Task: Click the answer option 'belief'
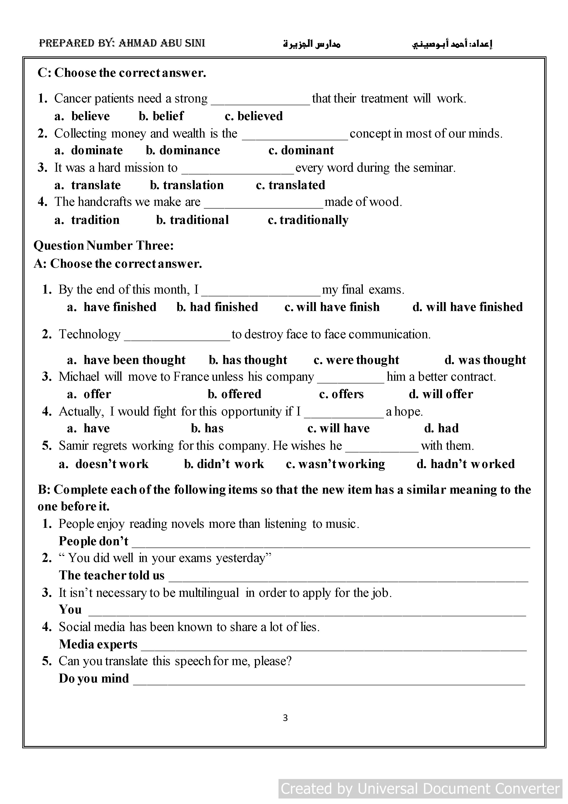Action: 168,116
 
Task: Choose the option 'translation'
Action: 193,185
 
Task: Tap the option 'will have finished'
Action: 474,307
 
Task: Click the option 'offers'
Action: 347,394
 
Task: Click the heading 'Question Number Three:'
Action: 104,245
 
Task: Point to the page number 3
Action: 285,718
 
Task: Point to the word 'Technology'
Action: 90,334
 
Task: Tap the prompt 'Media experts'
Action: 98,644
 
